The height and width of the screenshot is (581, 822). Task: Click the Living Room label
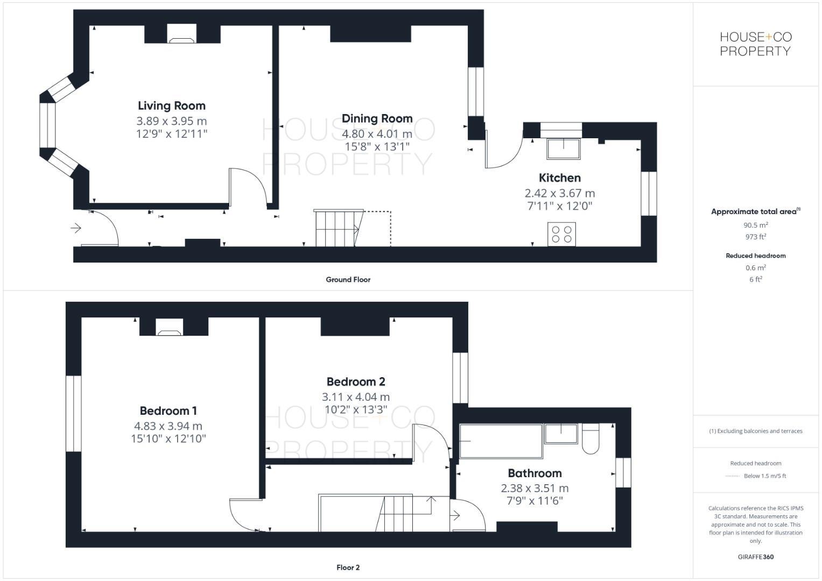click(x=171, y=106)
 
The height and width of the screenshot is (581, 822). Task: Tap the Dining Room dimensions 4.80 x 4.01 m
click(x=377, y=133)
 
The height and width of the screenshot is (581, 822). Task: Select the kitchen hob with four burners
click(x=561, y=235)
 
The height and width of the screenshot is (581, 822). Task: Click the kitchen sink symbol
click(x=564, y=148)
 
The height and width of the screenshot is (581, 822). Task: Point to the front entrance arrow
click(x=75, y=229)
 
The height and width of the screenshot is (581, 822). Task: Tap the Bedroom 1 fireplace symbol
click(x=169, y=327)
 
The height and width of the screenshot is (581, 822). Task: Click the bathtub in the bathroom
click(x=501, y=441)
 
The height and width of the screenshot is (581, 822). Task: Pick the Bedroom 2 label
click(x=355, y=382)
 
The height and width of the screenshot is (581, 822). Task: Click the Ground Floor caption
click(x=348, y=280)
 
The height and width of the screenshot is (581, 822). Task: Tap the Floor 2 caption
click(x=348, y=568)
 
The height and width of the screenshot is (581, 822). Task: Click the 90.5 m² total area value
click(x=755, y=225)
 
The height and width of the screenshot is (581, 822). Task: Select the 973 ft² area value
click(x=755, y=237)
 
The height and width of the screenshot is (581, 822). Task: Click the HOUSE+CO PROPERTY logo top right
click(x=755, y=44)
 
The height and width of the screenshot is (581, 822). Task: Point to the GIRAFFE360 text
click(x=755, y=557)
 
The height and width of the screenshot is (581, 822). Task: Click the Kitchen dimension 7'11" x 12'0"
click(x=559, y=206)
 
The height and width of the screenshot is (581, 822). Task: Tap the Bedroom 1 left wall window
click(x=73, y=413)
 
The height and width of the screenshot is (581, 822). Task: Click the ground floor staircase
click(x=337, y=228)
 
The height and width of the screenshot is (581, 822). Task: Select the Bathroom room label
click(x=535, y=473)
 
